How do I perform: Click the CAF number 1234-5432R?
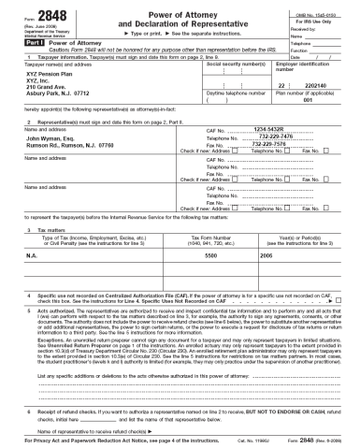[244, 131]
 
